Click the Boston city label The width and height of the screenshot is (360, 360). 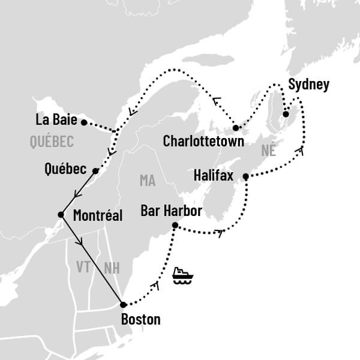point(140,319)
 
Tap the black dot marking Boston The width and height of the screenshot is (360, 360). point(123,304)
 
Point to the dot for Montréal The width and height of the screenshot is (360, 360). point(61,214)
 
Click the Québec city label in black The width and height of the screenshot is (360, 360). point(66,169)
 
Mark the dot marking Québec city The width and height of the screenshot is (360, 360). point(96,170)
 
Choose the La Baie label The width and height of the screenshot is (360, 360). point(56,120)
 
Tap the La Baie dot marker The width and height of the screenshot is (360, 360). point(84,122)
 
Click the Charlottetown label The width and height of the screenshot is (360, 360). point(203,142)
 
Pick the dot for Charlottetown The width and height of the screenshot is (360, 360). point(236,128)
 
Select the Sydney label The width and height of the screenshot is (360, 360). point(308,85)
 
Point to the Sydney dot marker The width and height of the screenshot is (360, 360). point(286,114)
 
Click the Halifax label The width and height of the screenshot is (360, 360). point(215,176)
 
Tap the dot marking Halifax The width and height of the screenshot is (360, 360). point(245,176)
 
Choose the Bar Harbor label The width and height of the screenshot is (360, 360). point(170,211)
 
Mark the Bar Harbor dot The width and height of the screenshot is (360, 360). point(175,226)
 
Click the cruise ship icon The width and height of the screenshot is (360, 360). point(182,275)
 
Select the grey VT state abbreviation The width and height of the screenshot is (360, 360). point(83,266)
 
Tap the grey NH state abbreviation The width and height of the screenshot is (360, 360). point(112,268)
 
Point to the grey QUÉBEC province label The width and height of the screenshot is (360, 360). point(51,142)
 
